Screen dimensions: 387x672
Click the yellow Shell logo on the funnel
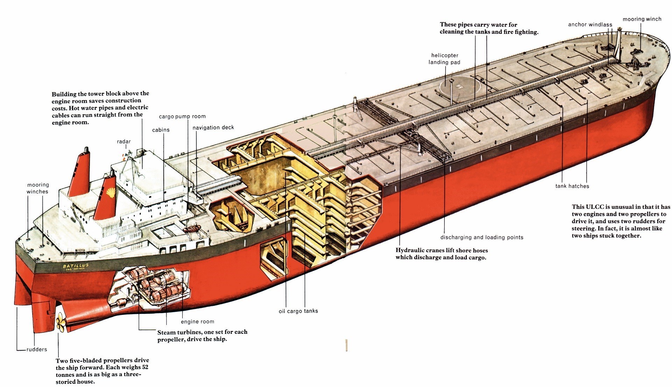tap(111, 192)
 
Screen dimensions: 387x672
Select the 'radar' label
tap(124, 142)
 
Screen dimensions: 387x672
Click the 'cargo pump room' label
tap(182, 117)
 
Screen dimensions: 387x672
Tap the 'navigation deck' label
tap(213, 128)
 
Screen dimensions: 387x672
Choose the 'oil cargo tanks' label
tap(298, 311)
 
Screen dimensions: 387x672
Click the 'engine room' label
tap(197, 322)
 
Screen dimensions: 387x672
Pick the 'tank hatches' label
tap(572, 186)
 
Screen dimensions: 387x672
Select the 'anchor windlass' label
tap(590, 24)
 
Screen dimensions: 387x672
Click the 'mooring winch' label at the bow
tap(642, 19)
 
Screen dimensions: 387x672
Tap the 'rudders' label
tap(37, 349)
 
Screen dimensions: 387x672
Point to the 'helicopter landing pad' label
tap(444, 59)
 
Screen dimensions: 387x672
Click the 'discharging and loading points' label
tap(482, 237)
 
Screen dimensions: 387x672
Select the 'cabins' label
tap(161, 130)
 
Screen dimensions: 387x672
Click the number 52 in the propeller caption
tap(145, 367)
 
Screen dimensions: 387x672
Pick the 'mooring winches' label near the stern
tap(38, 188)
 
